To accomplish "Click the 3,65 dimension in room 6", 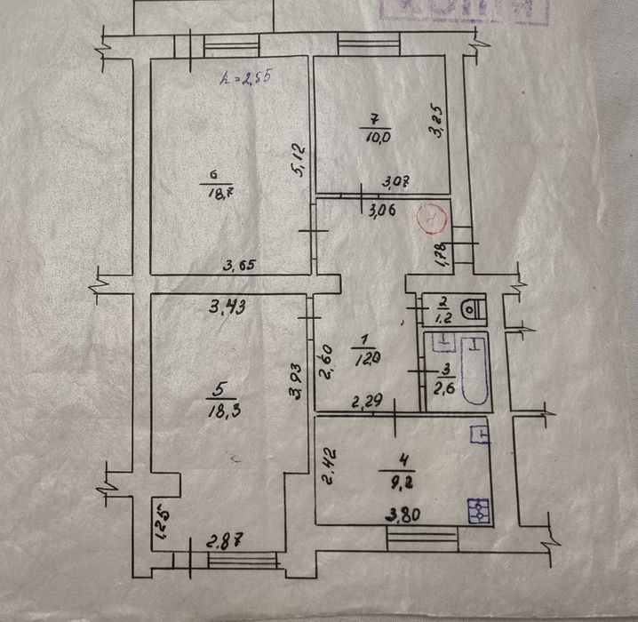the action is click(x=239, y=265).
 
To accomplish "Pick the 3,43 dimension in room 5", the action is click(x=227, y=308).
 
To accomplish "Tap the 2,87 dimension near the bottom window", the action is click(x=224, y=541).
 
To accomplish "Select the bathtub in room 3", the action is click(x=467, y=370).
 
